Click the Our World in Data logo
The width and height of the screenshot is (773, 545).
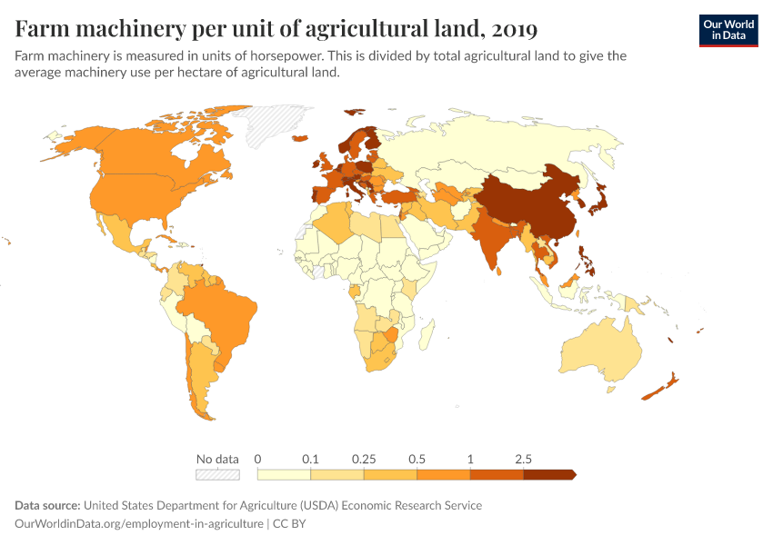click(x=728, y=30)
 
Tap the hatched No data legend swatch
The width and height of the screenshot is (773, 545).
click(x=217, y=474)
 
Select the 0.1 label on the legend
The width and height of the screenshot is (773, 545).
click(x=311, y=459)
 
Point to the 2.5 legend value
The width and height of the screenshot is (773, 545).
click(x=523, y=459)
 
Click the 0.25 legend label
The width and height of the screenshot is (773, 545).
click(x=364, y=459)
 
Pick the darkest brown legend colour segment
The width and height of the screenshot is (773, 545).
click(x=548, y=474)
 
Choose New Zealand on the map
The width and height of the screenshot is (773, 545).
click(x=659, y=385)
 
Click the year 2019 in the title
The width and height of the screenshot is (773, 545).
click(x=513, y=29)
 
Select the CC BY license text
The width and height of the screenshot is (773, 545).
click(x=293, y=523)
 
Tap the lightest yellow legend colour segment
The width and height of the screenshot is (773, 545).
click(x=284, y=474)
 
